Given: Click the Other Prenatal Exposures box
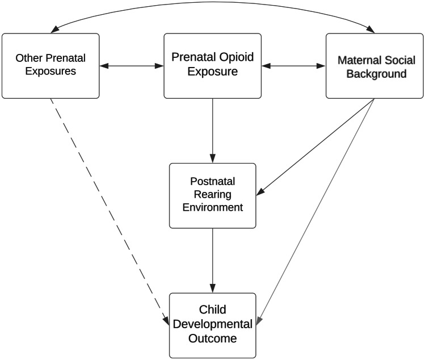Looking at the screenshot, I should click(x=51, y=65).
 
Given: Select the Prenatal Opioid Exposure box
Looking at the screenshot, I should click(x=213, y=65).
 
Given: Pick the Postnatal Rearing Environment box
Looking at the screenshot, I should click(x=213, y=196).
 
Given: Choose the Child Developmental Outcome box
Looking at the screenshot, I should click(x=213, y=325).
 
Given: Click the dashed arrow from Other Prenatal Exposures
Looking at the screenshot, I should click(x=108, y=207).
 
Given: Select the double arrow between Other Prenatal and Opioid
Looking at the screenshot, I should click(x=132, y=66).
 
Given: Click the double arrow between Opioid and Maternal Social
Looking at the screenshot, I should click(x=294, y=66).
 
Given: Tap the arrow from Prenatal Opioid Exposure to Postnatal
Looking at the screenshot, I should click(x=213, y=130).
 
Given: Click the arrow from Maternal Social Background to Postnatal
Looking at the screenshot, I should click(x=315, y=146).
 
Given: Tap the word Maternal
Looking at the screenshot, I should click(x=361, y=60).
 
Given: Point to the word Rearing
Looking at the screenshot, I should click(x=213, y=196).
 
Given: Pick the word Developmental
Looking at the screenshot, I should click(x=213, y=324).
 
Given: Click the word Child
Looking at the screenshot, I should click(x=213, y=310).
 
